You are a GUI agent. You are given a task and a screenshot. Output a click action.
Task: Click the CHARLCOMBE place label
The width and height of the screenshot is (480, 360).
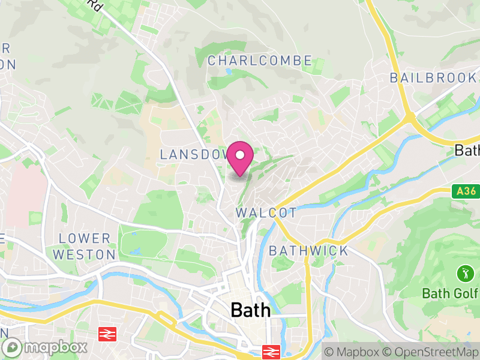[260, 61]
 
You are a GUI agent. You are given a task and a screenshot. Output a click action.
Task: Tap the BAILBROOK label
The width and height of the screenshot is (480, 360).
[433, 77]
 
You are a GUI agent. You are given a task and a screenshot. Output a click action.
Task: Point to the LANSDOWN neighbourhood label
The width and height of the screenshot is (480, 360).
[193, 154]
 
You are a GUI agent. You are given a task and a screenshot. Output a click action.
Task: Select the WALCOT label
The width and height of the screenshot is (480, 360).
[266, 213]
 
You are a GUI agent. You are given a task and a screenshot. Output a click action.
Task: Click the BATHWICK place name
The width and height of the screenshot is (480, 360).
[308, 250]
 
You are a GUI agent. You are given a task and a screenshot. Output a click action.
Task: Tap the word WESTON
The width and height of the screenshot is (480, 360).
[84, 254]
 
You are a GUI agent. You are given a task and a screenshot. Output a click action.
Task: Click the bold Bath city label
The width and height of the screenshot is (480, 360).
[250, 310]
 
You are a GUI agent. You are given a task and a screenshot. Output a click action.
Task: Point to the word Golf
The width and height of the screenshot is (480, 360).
[465, 293]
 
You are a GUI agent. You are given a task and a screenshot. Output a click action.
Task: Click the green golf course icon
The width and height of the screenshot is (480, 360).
[464, 275]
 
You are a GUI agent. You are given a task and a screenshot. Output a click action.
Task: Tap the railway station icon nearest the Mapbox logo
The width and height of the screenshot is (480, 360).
[107, 333]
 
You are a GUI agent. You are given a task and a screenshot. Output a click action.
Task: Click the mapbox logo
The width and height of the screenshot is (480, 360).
[46, 347]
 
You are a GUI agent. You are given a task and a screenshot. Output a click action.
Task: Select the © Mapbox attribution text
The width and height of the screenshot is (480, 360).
[352, 352]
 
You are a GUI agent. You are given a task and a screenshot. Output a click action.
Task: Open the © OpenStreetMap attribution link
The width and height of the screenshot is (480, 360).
[430, 352]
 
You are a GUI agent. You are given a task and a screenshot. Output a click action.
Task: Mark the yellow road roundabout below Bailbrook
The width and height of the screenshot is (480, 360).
[409, 117]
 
